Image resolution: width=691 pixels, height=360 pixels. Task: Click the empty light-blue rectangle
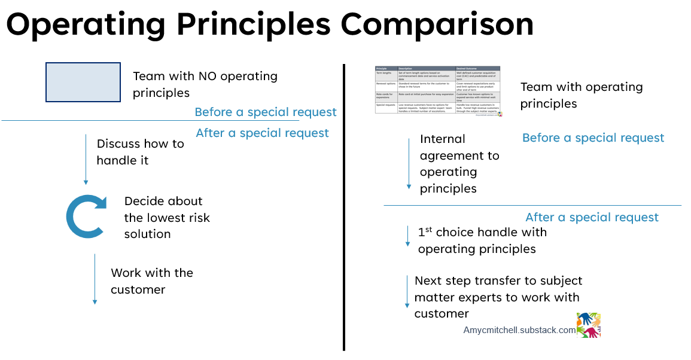tap(83, 82)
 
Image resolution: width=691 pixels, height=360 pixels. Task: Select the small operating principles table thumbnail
tap(438, 90)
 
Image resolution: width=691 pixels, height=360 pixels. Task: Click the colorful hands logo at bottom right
tap(588, 325)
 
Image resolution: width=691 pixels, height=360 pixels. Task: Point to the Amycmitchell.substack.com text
tap(519, 330)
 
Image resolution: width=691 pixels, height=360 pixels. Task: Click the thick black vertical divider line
tap(344, 206)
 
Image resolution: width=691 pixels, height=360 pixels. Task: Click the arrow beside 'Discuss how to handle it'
tap(86, 160)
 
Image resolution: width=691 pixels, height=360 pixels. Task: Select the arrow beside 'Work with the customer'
tap(95, 279)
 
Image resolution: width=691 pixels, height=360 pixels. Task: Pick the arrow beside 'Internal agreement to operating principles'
tap(409, 164)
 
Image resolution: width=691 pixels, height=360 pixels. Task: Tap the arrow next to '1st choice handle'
tap(408, 236)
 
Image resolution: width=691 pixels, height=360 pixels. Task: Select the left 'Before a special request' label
tap(266, 112)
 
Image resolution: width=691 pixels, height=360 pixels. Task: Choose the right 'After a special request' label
tap(592, 217)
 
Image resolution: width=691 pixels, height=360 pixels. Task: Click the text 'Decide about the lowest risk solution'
tap(166, 217)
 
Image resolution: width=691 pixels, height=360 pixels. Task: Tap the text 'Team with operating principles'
tap(581, 95)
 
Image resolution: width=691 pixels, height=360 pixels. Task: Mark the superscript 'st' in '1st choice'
tap(428, 228)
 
